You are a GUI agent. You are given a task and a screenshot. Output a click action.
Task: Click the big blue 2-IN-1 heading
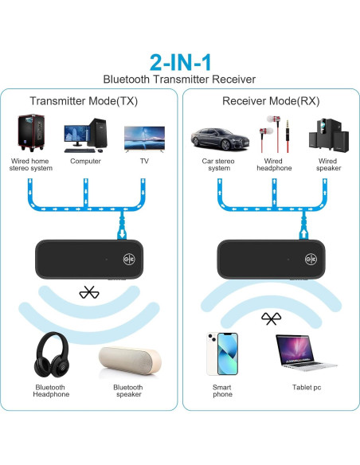coord(179,62)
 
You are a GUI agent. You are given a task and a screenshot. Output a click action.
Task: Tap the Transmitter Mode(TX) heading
coord(84,101)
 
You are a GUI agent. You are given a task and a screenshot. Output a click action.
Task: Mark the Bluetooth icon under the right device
coord(270,318)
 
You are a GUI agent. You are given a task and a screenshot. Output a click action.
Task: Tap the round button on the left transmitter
coord(127,259)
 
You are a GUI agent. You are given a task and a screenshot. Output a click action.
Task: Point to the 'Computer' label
coord(85,160)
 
